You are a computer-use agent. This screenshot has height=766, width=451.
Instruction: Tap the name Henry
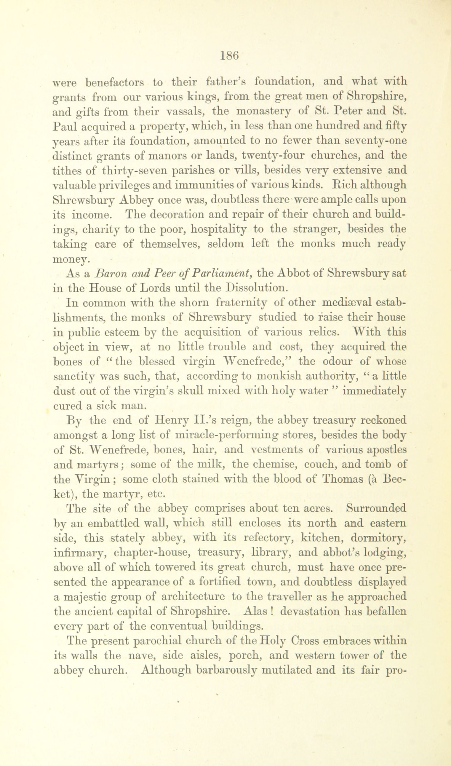click(x=169, y=420)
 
